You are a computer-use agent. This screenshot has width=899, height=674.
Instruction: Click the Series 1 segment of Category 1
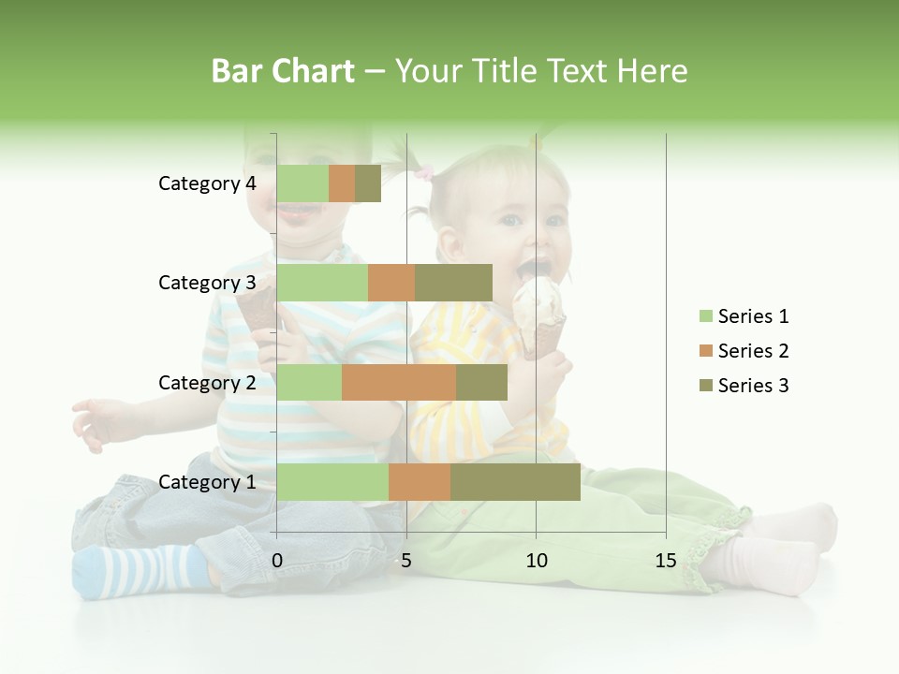(332, 482)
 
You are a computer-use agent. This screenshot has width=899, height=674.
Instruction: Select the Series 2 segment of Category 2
(399, 382)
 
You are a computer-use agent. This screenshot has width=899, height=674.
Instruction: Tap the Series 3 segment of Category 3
(453, 283)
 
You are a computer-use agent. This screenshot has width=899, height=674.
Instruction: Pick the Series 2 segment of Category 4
(342, 183)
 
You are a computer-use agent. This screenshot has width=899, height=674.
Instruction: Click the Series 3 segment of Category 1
(515, 482)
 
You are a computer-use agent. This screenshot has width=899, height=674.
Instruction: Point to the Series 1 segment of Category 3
(322, 283)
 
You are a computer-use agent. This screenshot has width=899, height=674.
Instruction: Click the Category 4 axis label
(207, 183)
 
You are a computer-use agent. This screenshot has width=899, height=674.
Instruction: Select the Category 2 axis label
(207, 382)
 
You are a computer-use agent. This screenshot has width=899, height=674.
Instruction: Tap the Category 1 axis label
(207, 482)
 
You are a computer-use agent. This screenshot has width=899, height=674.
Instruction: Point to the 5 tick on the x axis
(406, 561)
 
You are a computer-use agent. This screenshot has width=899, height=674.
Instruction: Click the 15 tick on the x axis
(666, 561)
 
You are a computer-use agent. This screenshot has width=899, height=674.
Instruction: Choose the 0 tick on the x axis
(277, 561)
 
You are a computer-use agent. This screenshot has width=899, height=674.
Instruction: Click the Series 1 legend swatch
(705, 316)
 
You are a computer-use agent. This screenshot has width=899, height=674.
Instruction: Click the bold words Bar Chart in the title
(283, 71)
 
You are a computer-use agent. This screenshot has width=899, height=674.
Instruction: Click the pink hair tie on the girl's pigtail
(426, 172)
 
